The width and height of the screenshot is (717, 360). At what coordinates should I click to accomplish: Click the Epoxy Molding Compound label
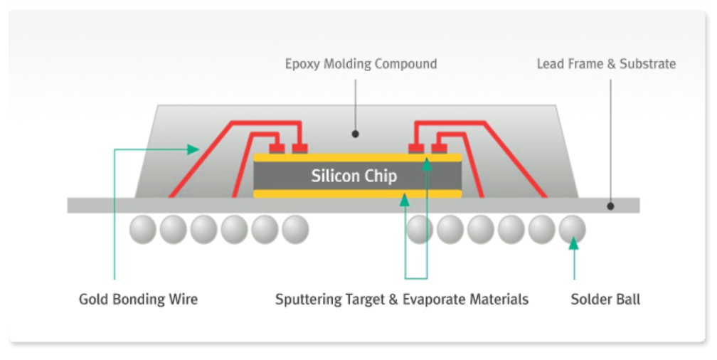pyautogui.click(x=361, y=64)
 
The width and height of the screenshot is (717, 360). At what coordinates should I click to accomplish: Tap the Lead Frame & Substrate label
pyautogui.click(x=606, y=64)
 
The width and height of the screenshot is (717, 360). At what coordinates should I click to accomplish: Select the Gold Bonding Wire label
pyautogui.click(x=138, y=299)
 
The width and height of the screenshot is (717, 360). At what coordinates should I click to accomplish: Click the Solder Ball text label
pyautogui.click(x=605, y=299)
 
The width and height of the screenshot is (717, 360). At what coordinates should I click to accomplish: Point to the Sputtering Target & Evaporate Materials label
pyautogui.click(x=402, y=299)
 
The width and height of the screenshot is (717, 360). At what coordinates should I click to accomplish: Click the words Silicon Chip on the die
pyautogui.click(x=354, y=176)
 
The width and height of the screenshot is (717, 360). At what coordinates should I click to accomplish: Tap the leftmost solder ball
pyautogui.click(x=142, y=229)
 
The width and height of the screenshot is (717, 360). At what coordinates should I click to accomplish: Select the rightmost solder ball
pyautogui.click(x=573, y=229)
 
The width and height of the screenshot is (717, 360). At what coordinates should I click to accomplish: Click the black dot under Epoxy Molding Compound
pyautogui.click(x=355, y=133)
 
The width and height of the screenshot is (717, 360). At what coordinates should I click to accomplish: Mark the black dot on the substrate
pyautogui.click(x=611, y=206)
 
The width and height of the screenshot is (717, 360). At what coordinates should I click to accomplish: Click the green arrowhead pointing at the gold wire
pyautogui.click(x=193, y=149)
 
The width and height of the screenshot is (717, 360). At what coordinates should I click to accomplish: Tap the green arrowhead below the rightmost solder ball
pyautogui.click(x=573, y=244)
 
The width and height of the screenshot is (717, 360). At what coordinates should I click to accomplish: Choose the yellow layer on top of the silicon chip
pyautogui.click(x=327, y=157)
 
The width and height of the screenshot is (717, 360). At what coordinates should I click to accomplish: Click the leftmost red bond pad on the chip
pyautogui.click(x=277, y=148)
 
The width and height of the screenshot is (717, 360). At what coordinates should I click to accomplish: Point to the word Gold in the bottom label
pyautogui.click(x=92, y=299)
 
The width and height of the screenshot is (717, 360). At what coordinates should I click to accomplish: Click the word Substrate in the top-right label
pyautogui.click(x=647, y=64)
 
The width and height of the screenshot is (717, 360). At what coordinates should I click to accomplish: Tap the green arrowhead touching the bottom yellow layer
pyautogui.click(x=405, y=201)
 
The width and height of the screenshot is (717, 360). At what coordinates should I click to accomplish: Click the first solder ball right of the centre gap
pyautogui.click(x=420, y=229)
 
